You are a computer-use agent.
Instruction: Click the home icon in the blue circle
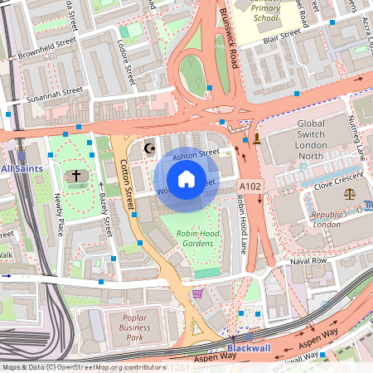click(x=186, y=178)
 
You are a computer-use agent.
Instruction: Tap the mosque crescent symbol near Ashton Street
click(x=150, y=148)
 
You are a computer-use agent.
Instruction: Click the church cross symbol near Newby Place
click(x=76, y=176)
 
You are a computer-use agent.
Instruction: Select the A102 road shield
click(x=250, y=186)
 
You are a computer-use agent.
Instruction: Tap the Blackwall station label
click(x=248, y=348)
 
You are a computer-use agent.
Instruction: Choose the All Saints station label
click(x=22, y=168)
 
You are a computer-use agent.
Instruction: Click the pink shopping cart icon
click(x=197, y=293)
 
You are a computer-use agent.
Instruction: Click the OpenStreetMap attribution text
click(x=83, y=366)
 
